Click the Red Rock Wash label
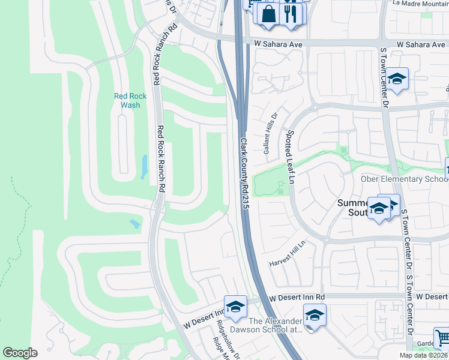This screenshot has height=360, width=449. (x=130, y=100)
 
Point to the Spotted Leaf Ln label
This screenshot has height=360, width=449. (x=291, y=157)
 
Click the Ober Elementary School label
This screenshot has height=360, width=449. (x=404, y=179)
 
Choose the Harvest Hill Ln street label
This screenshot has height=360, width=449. (x=287, y=254)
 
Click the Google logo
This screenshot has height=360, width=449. (x=20, y=353)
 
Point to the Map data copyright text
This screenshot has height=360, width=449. (x=423, y=355)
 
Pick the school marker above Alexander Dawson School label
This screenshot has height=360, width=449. (x=315, y=314)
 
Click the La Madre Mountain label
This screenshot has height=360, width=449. (x=420, y=4)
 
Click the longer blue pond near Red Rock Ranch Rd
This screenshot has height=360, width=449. (x=144, y=167)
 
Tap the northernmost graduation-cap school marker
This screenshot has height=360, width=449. (x=397, y=79)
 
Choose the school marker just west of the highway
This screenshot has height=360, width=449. (x=235, y=307)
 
